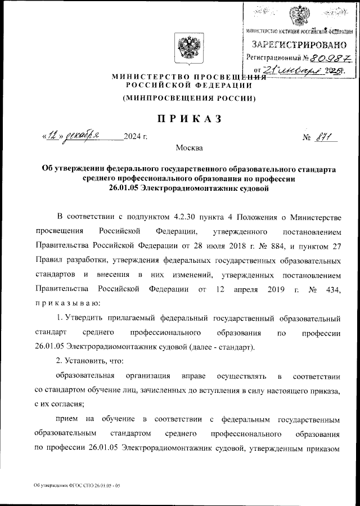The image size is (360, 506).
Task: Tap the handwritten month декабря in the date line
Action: click(83, 136)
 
